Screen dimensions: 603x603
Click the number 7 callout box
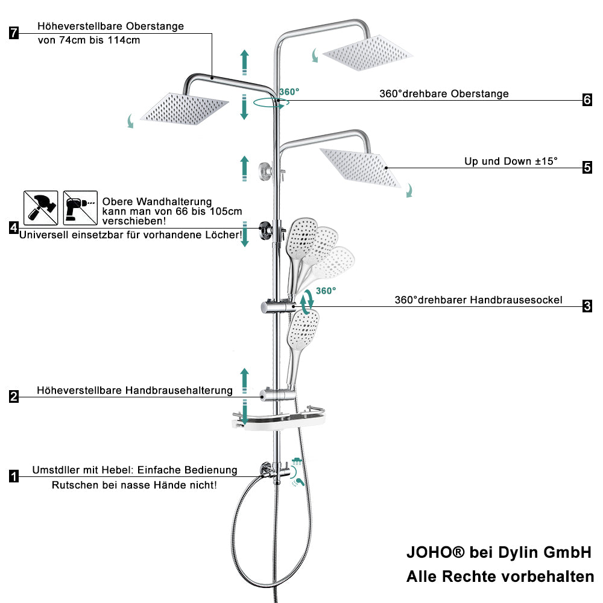click(x=14, y=33)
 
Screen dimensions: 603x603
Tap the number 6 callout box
click(x=587, y=99)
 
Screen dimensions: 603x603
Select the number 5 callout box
click(x=587, y=167)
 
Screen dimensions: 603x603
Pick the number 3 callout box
click(x=587, y=306)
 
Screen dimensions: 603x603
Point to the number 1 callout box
click(x=14, y=476)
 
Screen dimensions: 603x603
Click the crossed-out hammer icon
click(x=41, y=207)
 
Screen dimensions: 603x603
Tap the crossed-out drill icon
click(x=80, y=207)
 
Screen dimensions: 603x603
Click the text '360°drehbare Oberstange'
click(x=444, y=94)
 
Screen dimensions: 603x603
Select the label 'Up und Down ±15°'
click(x=511, y=161)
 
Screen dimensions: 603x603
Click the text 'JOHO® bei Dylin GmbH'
click(x=499, y=552)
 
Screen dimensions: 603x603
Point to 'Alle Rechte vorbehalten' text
click(x=500, y=576)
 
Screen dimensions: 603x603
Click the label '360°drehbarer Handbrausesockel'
click(x=478, y=300)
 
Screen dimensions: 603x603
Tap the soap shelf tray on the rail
click(x=279, y=418)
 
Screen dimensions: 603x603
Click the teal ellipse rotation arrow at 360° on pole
click(x=271, y=103)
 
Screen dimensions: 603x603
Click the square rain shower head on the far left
click(x=185, y=109)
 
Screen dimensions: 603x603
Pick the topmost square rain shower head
click(x=367, y=53)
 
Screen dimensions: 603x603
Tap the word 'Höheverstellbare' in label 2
click(x=79, y=391)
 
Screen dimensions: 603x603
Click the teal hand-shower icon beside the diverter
click(x=298, y=482)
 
